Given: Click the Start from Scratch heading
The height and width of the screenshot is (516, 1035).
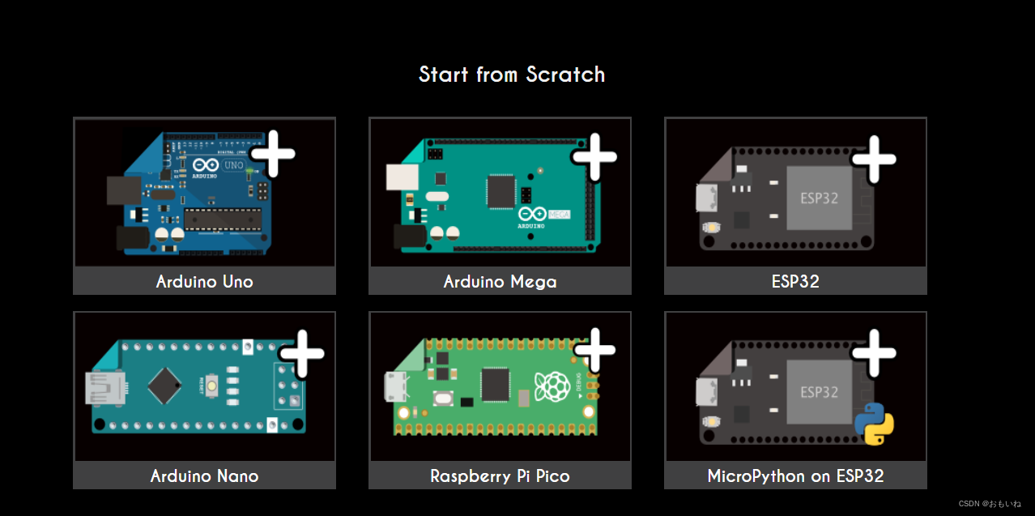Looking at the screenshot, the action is pyautogui.click(x=512, y=75).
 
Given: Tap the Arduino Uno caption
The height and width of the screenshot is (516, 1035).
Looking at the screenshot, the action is pyautogui.click(x=204, y=282).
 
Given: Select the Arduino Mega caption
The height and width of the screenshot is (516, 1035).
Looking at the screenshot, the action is pyautogui.click(x=500, y=282).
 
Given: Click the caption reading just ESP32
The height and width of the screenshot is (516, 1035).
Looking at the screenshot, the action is pyautogui.click(x=795, y=282).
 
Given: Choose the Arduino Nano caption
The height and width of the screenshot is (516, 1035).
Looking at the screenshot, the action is pyautogui.click(x=204, y=476).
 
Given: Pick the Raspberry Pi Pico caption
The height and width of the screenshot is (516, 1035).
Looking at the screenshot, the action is pyautogui.click(x=500, y=476).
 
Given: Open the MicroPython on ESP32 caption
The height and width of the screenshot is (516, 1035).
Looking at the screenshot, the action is pyautogui.click(x=795, y=476).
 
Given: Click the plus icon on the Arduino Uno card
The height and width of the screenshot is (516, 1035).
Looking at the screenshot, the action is pyautogui.click(x=274, y=153).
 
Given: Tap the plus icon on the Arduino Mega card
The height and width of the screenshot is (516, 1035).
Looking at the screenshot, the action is pyautogui.click(x=595, y=156).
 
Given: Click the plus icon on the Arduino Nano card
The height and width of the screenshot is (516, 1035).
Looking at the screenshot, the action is pyautogui.click(x=302, y=353).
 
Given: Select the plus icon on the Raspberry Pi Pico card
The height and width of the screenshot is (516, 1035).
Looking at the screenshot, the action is pyautogui.click(x=595, y=351).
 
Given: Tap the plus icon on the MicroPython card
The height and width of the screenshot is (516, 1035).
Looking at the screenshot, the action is pyautogui.click(x=875, y=352).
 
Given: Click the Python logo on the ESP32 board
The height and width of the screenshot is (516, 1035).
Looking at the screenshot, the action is pyautogui.click(x=875, y=424).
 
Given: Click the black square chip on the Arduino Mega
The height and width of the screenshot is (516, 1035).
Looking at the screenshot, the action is pyautogui.click(x=500, y=191).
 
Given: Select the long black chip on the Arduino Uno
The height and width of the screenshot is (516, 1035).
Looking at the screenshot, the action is pyautogui.click(x=223, y=218).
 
